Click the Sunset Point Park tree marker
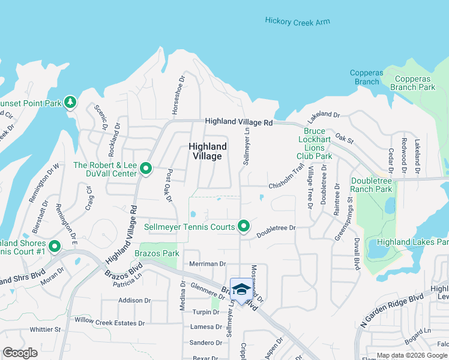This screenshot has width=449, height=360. [70, 103]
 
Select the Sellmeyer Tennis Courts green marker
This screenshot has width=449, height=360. [243, 226]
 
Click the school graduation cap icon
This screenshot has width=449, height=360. [241, 290]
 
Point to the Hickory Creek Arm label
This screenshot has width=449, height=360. [297, 22]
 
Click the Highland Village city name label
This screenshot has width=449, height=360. [208, 151]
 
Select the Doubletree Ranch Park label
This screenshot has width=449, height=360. [372, 185]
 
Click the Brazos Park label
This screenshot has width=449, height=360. [159, 254]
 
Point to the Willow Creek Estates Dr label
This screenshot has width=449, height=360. [110, 323]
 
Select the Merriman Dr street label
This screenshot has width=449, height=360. [207, 263]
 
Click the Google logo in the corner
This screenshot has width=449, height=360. [20, 353]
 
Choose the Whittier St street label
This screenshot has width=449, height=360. [46, 329]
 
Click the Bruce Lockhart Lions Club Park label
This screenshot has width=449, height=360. [315, 143]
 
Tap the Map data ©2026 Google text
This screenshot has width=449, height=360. [412, 355]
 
